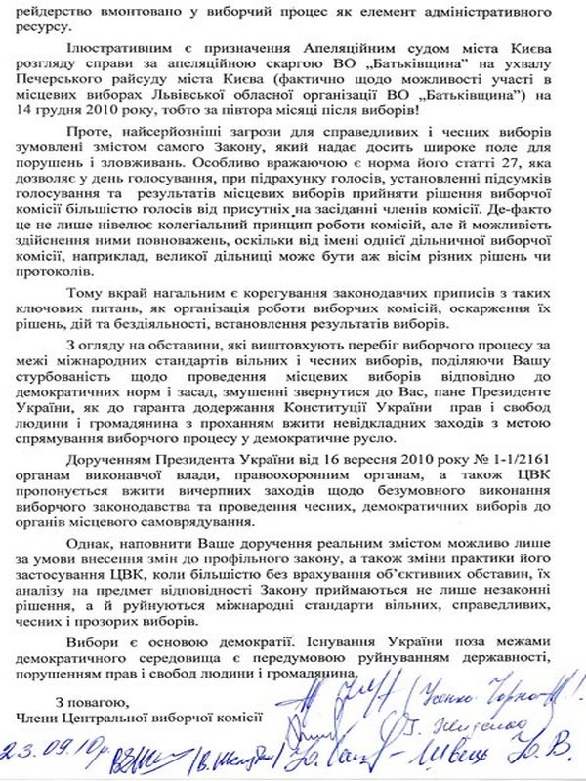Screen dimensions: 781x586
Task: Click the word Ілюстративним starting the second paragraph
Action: (x=110, y=48)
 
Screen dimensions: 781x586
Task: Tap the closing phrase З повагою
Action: (x=92, y=702)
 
